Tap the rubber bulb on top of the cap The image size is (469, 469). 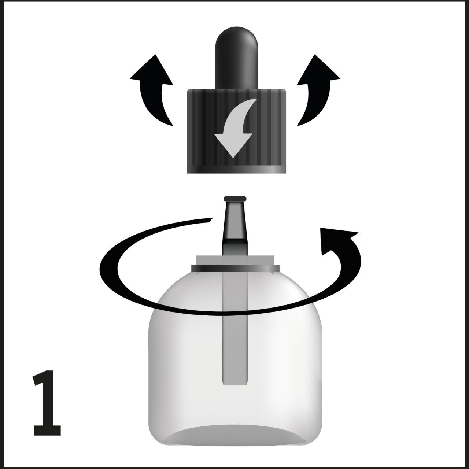click(236, 58)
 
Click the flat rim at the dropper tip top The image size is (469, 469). click(235, 198)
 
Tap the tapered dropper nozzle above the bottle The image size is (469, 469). click(235, 225)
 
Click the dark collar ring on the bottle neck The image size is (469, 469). click(235, 268)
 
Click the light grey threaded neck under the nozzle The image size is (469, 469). click(235, 260)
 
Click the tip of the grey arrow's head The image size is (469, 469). click(233, 158)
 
